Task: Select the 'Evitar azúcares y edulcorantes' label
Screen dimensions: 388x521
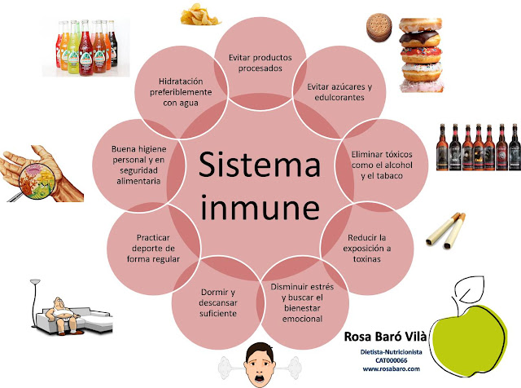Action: [x=335, y=91]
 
